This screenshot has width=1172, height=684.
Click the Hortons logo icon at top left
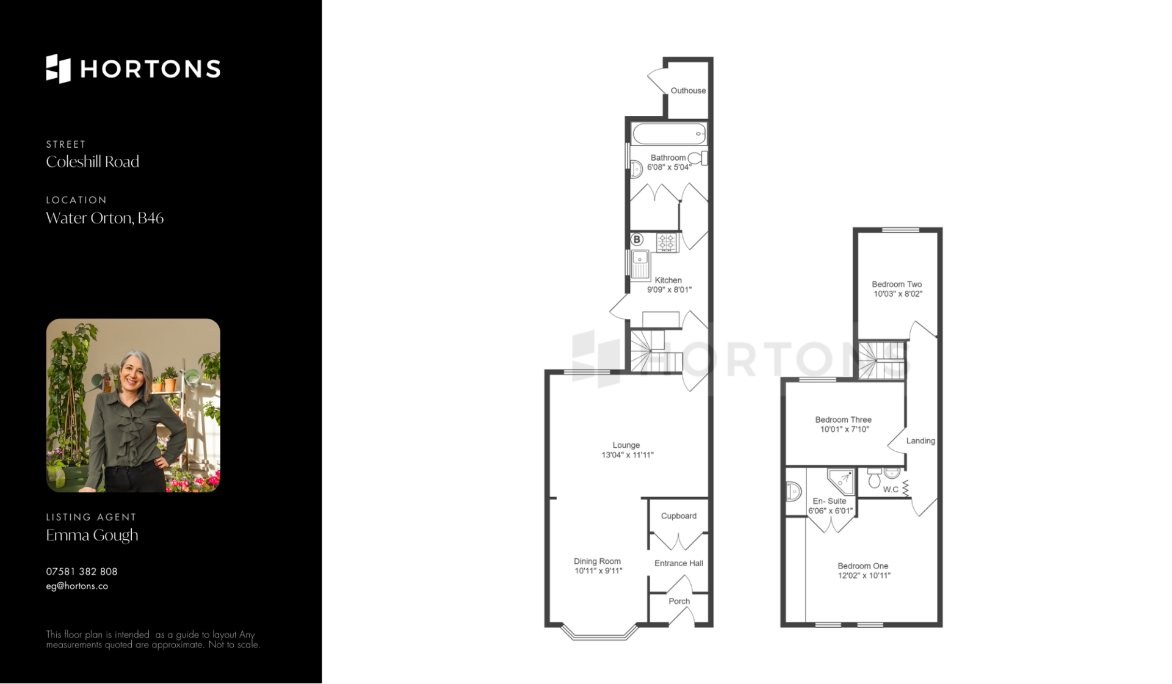coord(59,68)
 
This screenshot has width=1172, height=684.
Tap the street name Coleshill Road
coord(93,162)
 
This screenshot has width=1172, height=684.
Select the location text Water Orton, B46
coord(105,218)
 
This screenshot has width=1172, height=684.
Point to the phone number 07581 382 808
coord(82,572)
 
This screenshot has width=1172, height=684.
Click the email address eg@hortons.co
coord(77,586)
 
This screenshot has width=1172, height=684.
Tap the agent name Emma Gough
coord(92,535)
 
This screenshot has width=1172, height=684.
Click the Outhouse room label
coord(688,90)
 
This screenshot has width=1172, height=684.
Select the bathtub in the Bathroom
coord(669,134)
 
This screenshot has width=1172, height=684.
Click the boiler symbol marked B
coord(637,239)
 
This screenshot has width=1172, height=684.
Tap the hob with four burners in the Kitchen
coord(667,242)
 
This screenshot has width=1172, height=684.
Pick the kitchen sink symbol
coord(640,264)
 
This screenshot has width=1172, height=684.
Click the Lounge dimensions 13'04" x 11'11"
coord(628,455)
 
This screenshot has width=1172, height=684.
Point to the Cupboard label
coord(679,516)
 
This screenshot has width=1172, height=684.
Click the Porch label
coord(679,602)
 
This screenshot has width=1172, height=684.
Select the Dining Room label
coord(597,561)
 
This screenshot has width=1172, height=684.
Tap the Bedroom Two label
coord(897,285)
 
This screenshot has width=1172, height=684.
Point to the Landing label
coord(921,441)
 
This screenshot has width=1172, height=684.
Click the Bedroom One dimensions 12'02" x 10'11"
coord(864,575)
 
